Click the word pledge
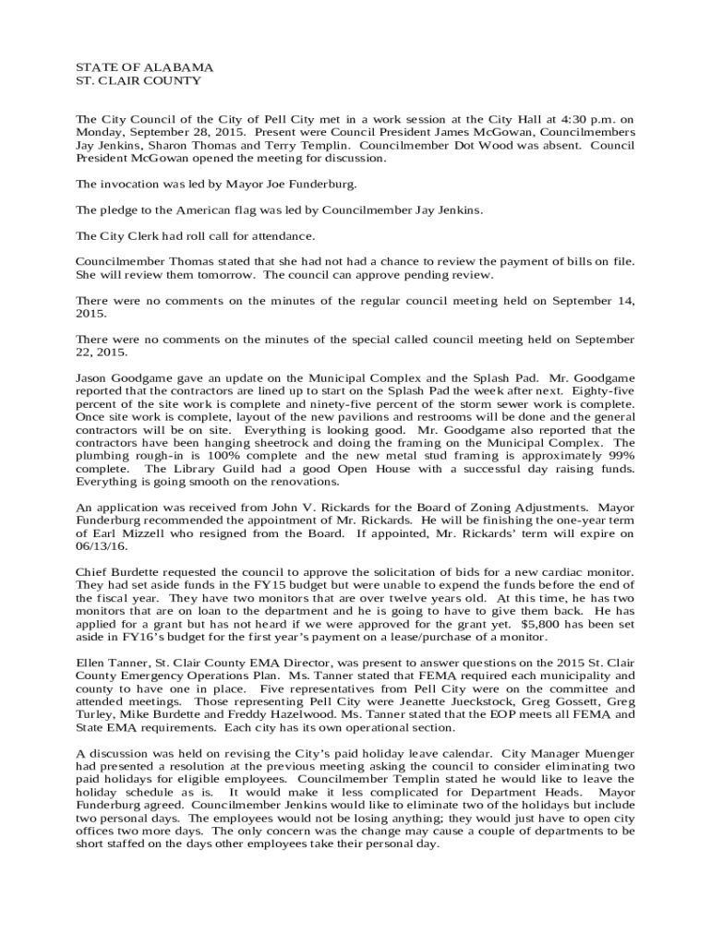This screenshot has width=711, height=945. pos(123,209)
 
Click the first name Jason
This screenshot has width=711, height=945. pos(92,377)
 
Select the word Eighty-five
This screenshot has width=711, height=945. pos(600,390)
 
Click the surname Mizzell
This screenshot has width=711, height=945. pos(133,532)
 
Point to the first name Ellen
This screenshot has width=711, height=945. pos(90,662)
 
